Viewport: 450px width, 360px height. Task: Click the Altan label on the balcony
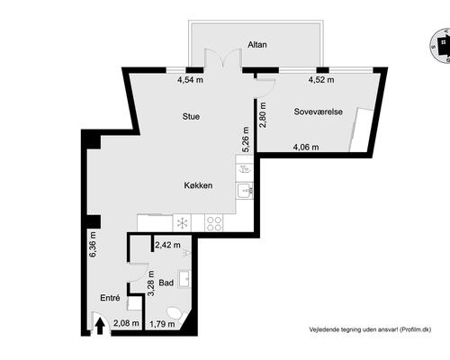coord(257,45)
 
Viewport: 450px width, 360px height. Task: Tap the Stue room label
coord(191,116)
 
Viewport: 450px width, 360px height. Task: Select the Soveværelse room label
coord(319,112)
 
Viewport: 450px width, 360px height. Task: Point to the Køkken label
coord(198,185)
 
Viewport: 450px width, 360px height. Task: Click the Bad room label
coord(166,283)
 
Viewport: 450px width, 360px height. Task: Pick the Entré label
coord(110,298)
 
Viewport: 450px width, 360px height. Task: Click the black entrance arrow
coord(100,326)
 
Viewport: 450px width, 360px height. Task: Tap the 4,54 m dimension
coord(190,80)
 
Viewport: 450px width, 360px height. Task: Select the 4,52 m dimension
coord(321,80)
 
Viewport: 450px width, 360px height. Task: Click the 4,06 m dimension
coord(306,147)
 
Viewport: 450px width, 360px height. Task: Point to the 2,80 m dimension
coord(263,115)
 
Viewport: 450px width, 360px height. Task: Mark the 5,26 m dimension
coord(246,139)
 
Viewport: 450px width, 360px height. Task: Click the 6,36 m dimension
coord(93,245)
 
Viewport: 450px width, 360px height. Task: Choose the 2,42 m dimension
coord(167,245)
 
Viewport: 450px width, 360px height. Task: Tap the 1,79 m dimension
coord(162,324)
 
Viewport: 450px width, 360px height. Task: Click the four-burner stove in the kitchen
coord(214,223)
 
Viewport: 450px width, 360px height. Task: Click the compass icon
coord(441,46)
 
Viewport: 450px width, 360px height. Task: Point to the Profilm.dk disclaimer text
coord(371,329)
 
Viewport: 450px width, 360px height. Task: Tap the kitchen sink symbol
coord(245,191)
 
